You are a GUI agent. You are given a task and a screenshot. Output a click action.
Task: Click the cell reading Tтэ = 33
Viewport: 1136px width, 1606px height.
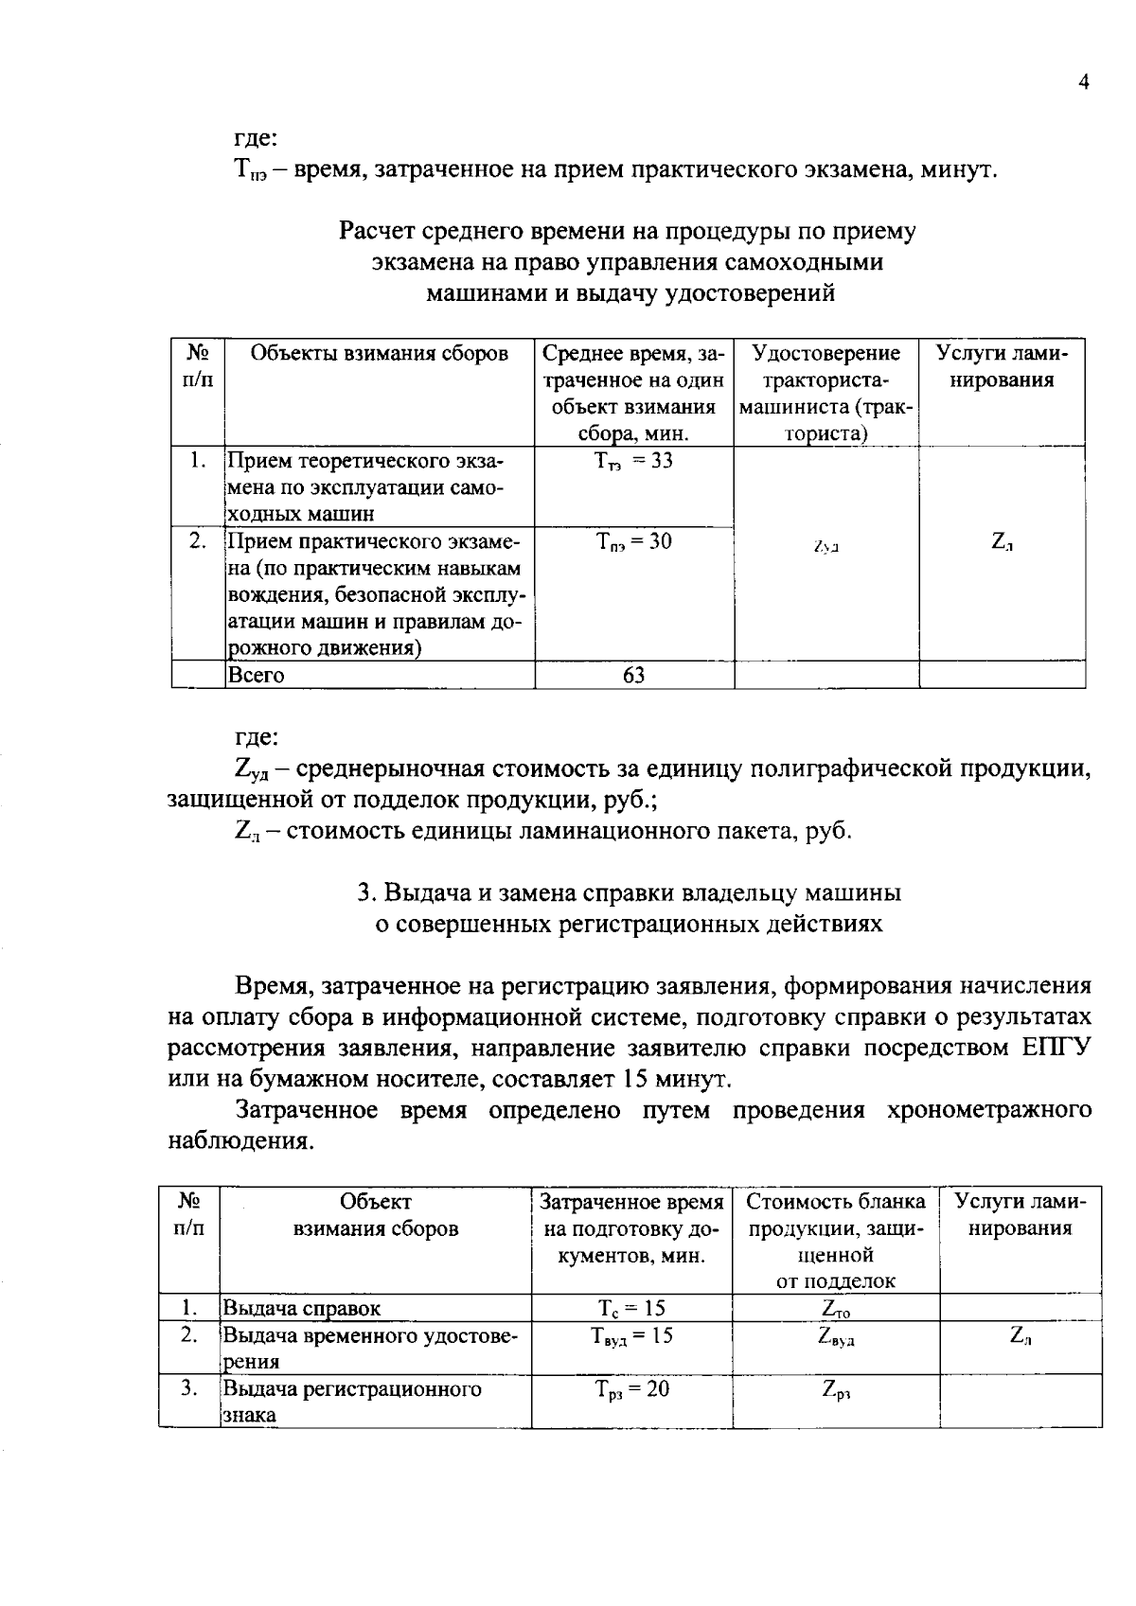tap(633, 462)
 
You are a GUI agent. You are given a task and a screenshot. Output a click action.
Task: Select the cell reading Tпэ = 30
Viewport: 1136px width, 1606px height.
tap(633, 542)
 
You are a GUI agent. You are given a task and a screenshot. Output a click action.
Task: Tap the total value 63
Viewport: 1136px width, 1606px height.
tap(633, 676)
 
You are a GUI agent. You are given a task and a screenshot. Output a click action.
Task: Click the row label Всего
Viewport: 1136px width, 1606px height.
tap(256, 676)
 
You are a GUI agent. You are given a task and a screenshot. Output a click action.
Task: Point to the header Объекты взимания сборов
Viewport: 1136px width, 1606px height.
tap(379, 354)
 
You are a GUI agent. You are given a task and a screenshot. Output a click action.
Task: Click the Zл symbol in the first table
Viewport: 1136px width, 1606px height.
tap(1003, 543)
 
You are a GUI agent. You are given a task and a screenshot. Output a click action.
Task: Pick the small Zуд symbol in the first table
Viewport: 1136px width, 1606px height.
tap(826, 547)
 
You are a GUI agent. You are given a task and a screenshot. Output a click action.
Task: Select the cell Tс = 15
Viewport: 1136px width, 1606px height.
tap(631, 1309)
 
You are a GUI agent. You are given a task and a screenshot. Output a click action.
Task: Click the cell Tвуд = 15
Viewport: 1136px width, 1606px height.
tap(631, 1336)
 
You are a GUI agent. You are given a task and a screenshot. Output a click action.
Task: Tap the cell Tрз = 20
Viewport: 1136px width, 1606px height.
tap(631, 1389)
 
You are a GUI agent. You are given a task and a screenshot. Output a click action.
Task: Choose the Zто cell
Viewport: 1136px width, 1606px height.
tap(836, 1310)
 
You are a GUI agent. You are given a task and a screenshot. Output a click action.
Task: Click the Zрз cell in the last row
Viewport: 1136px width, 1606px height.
tap(836, 1390)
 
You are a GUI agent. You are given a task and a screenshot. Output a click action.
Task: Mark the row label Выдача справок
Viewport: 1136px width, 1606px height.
tap(301, 1310)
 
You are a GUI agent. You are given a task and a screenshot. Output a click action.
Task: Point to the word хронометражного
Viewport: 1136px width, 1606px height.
tap(989, 1110)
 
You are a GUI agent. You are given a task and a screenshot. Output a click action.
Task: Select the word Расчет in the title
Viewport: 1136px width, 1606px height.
tap(376, 232)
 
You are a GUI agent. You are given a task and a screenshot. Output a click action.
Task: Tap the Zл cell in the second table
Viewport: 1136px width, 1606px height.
tap(1021, 1336)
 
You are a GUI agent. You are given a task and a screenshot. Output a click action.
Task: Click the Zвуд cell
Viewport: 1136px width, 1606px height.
tap(836, 1337)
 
